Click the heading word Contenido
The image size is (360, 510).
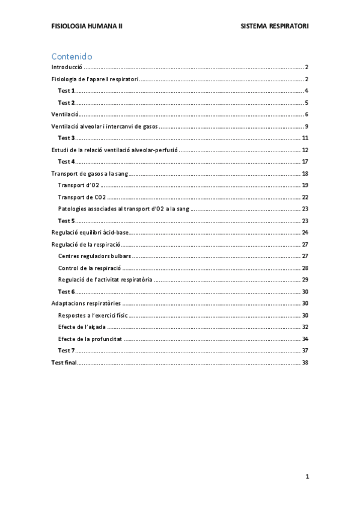[72, 56]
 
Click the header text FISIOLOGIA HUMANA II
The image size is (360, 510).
[87, 27]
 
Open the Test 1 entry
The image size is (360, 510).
[66, 91]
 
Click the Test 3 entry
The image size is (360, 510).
[66, 138]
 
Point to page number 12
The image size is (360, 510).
[305, 150]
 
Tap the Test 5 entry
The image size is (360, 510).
[66, 221]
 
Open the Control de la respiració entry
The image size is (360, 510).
[90, 268]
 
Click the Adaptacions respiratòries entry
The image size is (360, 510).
[86, 303]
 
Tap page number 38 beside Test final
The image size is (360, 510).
[305, 363]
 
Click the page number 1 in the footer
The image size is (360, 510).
[307, 476]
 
